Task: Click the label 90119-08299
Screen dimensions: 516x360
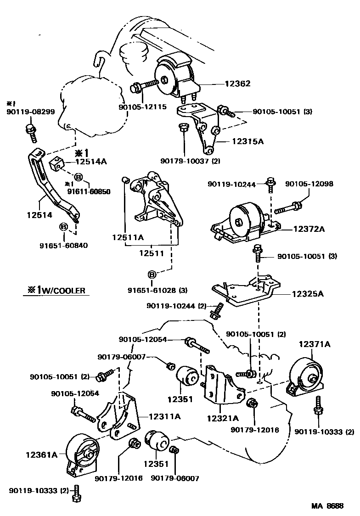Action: tap(24, 112)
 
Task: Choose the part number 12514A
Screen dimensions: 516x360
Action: tap(91, 161)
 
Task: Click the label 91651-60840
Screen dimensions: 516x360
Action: tap(63, 245)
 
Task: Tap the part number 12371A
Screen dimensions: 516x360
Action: tap(315, 343)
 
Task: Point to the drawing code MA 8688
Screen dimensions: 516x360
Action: tap(327, 506)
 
